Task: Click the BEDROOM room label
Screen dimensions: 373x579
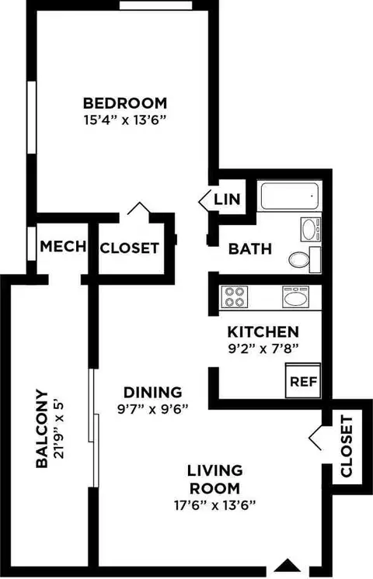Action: (125, 103)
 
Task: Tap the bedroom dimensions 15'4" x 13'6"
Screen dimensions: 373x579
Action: (124, 120)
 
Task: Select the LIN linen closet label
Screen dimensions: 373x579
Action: (227, 199)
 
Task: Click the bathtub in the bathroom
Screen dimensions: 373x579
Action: (290, 196)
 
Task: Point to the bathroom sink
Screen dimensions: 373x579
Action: (310, 229)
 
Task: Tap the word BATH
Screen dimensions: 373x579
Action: (250, 249)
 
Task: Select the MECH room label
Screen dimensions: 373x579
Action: (63, 246)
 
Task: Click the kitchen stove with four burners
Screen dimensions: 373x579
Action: (235, 297)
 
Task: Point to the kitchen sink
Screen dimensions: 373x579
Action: (295, 297)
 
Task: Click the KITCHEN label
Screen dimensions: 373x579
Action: (263, 332)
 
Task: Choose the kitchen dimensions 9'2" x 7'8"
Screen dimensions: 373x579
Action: (263, 349)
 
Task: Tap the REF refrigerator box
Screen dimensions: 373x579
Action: (303, 381)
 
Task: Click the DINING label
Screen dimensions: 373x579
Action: (152, 392)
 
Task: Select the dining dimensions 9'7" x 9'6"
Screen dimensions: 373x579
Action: (153, 409)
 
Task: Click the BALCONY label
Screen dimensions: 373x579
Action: (42, 429)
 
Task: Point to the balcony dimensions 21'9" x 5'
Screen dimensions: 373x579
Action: (59, 429)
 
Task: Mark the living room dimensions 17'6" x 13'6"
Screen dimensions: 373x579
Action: (215, 504)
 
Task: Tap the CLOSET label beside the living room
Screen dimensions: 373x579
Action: (346, 446)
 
